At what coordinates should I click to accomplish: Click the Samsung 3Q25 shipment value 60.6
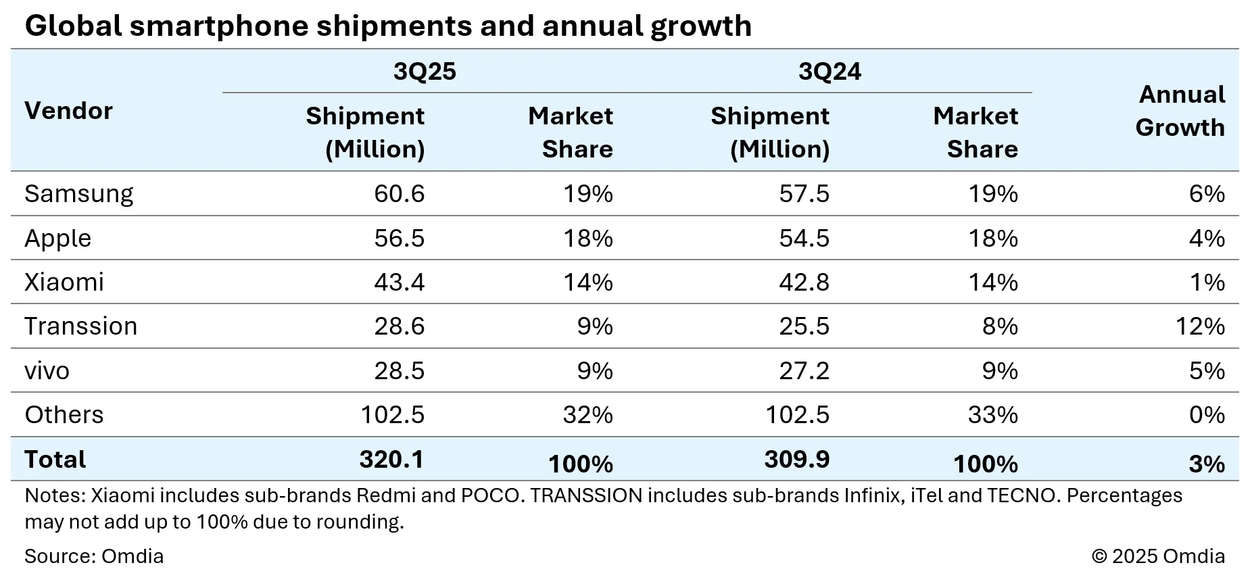(399, 194)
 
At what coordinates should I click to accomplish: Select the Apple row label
(57, 239)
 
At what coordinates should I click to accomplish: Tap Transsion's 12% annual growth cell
(1200, 326)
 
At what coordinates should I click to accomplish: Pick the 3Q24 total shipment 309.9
(796, 460)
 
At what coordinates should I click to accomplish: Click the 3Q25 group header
(425, 72)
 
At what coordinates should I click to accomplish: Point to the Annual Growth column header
(1180, 111)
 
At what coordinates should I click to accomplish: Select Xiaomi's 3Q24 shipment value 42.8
(804, 283)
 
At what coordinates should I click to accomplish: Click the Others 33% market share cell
(992, 415)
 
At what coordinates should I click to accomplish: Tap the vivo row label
(47, 371)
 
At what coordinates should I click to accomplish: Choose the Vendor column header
(68, 111)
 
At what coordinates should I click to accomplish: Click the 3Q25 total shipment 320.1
(391, 460)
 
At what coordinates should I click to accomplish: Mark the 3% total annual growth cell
(1207, 464)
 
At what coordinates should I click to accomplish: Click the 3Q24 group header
(829, 72)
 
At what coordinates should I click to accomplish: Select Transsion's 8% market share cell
(1000, 326)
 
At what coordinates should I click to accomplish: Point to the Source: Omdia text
(94, 556)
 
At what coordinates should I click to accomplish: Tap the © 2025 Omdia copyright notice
(1158, 556)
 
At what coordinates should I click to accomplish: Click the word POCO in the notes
(490, 496)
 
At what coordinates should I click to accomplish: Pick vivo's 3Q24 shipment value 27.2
(804, 371)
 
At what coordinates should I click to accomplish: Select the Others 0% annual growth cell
(1207, 415)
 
